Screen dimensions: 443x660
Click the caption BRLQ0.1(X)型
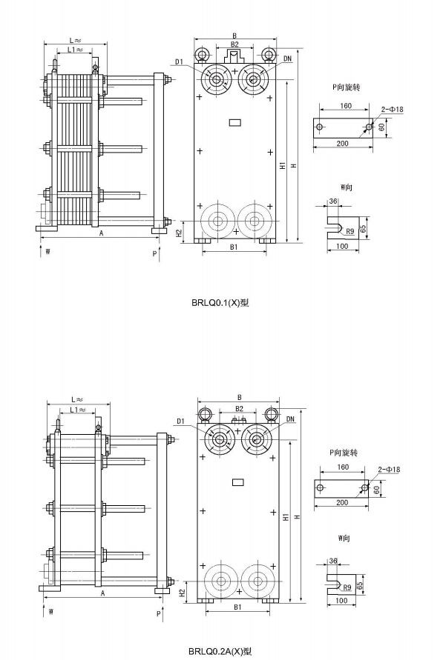220,303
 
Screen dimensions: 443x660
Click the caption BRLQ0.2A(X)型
220,652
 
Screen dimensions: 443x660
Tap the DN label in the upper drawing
287,59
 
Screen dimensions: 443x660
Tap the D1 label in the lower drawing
181,421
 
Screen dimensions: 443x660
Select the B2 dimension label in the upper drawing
234,44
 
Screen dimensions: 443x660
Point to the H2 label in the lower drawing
182,592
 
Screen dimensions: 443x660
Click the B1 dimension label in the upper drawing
234,247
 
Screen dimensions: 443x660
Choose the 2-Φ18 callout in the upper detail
392,110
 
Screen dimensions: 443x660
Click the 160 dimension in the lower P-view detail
343,467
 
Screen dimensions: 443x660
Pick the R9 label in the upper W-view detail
350,231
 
